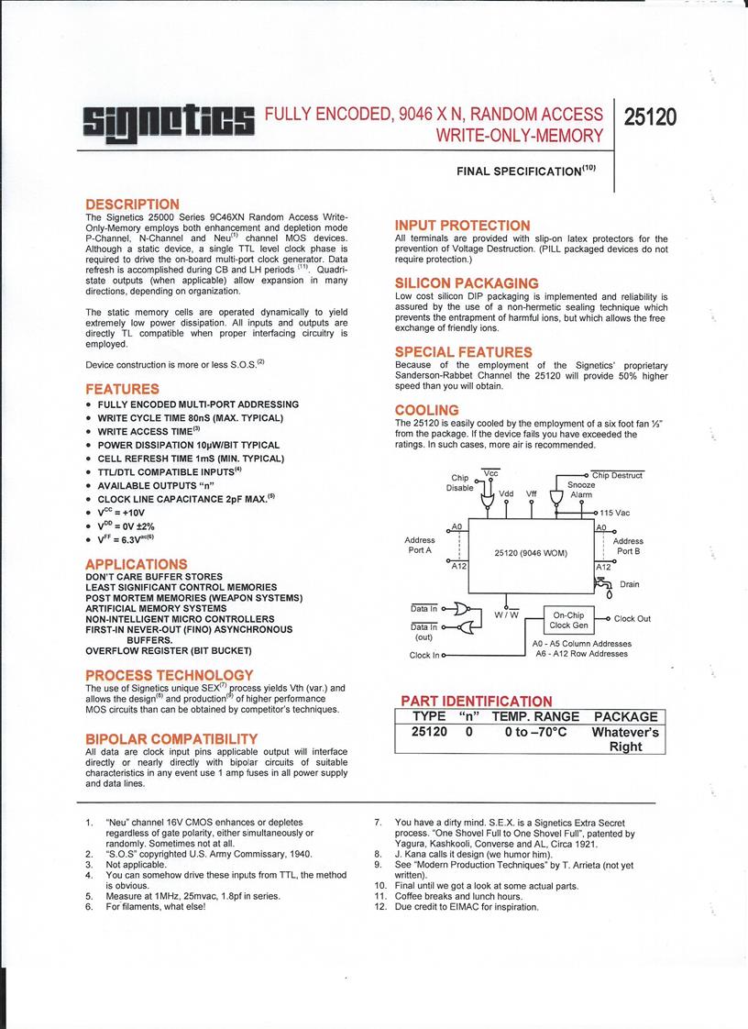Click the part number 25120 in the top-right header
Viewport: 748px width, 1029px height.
(650, 117)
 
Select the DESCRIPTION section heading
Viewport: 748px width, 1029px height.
(132, 204)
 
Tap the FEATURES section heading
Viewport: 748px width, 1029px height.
(122, 389)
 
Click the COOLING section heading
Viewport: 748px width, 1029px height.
(426, 410)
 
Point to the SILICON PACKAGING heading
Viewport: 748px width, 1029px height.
(467, 283)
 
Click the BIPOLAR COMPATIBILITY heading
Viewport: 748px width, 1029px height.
(170, 738)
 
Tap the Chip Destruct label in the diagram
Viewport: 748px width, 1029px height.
(617, 475)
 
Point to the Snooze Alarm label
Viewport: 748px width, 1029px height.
(581, 489)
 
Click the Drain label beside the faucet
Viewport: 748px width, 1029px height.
(630, 584)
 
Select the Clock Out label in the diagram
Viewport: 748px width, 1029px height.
(632, 619)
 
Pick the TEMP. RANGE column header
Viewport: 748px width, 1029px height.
(535, 716)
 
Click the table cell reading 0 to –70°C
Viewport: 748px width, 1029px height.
(535, 732)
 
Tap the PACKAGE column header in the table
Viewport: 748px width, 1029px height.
(625, 716)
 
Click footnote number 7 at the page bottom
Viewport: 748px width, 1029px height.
(378, 822)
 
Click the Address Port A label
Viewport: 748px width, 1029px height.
(419, 545)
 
